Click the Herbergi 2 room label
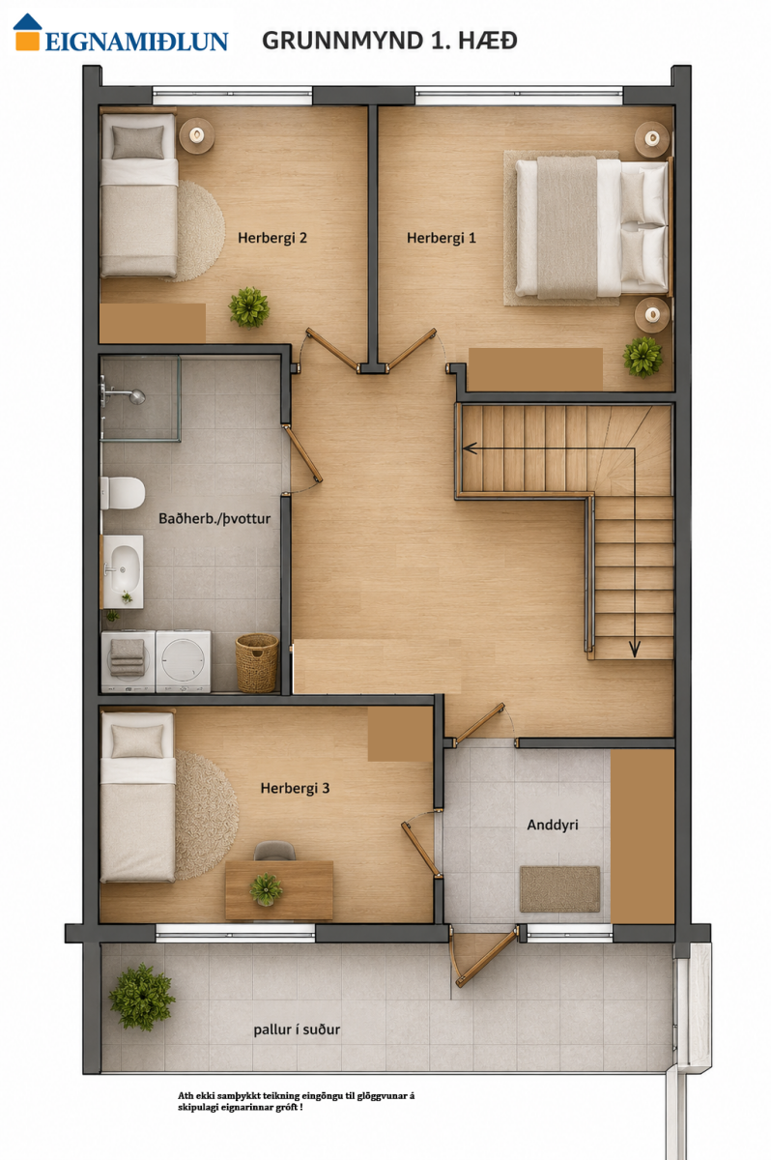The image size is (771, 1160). [x=272, y=238]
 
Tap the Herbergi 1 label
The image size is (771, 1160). [x=441, y=238]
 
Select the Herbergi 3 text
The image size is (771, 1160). [x=295, y=788]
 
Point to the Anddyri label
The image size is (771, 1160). [x=553, y=825]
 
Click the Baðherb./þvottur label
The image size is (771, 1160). [x=214, y=518]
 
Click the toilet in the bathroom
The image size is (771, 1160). [x=123, y=493]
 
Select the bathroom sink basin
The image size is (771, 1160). [x=125, y=569]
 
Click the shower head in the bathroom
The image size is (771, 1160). [x=136, y=397]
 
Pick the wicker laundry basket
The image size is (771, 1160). [x=257, y=663]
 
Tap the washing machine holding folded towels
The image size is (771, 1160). [x=128, y=661]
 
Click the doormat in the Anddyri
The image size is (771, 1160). [x=559, y=889]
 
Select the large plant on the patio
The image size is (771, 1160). [x=142, y=998]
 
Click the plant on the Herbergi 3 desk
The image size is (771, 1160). [x=266, y=889]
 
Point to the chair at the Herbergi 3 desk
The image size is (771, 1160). [x=274, y=852]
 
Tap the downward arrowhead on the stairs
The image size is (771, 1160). [x=635, y=650]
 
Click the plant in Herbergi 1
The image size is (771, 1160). [x=642, y=357]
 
